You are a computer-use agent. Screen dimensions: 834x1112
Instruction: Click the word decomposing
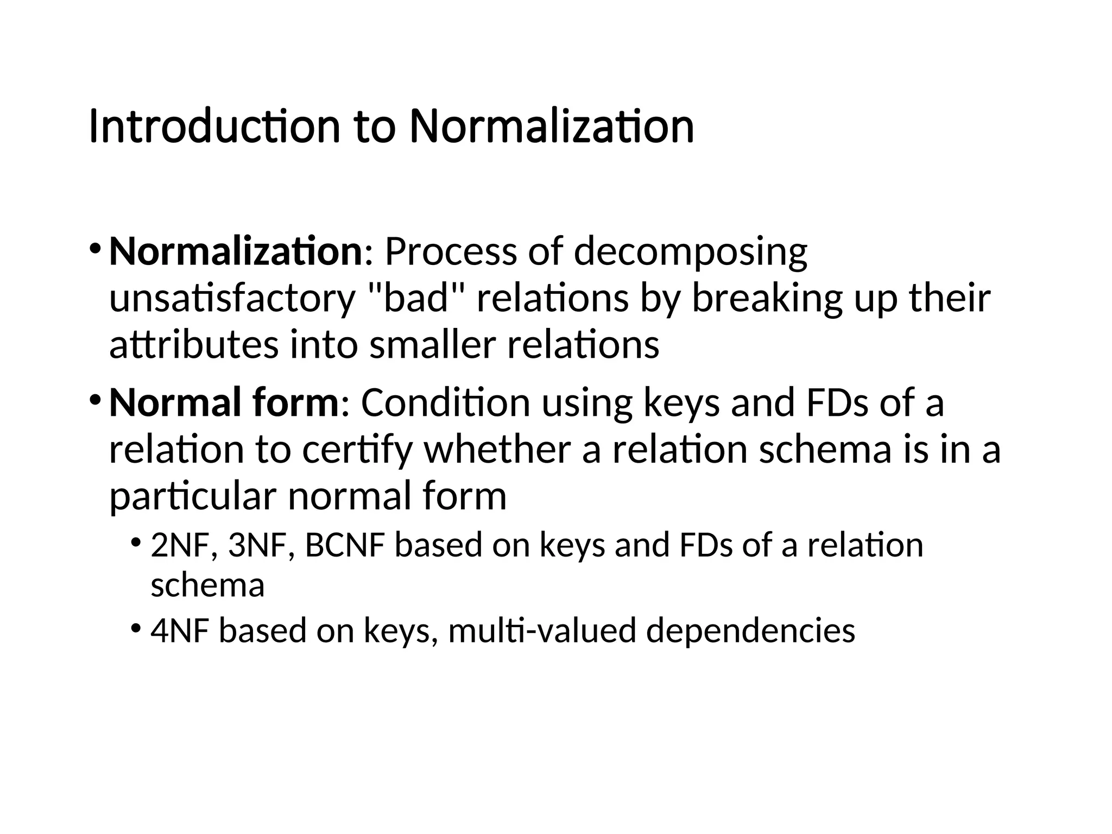pos(690,253)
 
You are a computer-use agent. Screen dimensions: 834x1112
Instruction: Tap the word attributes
pos(193,345)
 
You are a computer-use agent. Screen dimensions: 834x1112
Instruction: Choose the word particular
pos(193,497)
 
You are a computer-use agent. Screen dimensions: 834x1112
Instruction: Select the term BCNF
pos(345,545)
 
